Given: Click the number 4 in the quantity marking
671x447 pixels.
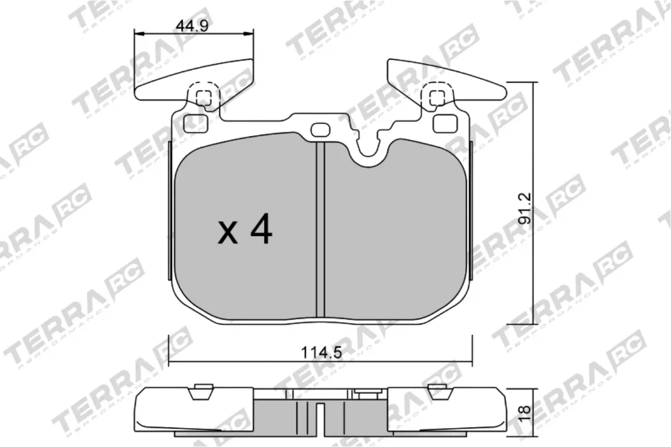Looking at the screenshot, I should (x=261, y=231).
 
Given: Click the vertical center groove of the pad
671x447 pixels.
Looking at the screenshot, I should (x=320, y=229).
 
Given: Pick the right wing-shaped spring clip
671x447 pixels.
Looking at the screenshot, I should (x=447, y=78).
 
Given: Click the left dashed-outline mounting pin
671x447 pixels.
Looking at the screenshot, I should (x=203, y=96).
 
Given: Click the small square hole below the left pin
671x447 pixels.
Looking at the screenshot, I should (x=197, y=122).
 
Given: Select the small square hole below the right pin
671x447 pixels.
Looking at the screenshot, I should (x=444, y=122).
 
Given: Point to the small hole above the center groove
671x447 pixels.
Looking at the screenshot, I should (x=320, y=130).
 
